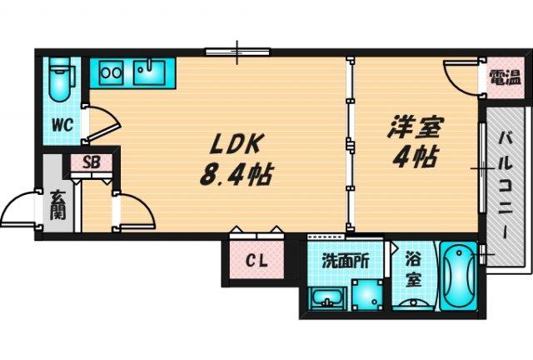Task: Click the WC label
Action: pos(64,125)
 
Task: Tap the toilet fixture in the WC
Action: pos(60,77)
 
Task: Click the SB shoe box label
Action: pos(92,162)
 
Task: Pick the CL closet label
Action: pos(256,262)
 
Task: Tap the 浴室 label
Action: pos(412,271)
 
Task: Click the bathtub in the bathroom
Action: pos(457,278)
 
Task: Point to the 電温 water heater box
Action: pos(500,78)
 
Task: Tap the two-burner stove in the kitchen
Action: pos(111,72)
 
